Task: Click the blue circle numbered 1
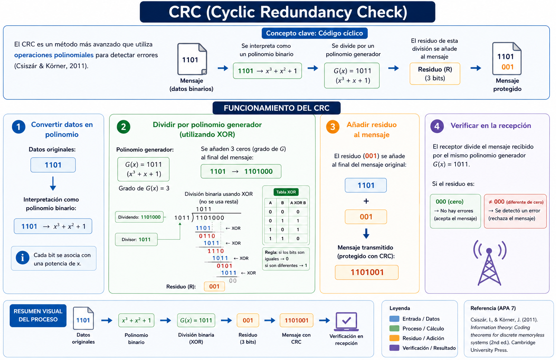[x=19, y=127]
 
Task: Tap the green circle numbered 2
[x=123, y=127]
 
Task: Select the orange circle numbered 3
[x=333, y=127]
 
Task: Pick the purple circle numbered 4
[x=437, y=126]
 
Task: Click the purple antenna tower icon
[x=489, y=263]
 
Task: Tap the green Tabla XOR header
[x=286, y=192]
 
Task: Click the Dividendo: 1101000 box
[x=139, y=217]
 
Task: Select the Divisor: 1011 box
[x=136, y=239]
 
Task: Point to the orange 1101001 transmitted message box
[x=367, y=273]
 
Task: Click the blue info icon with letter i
[x=23, y=258]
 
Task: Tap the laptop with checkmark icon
[x=346, y=322]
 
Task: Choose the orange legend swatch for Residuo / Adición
[x=394, y=338]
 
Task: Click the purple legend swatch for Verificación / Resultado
[x=394, y=348]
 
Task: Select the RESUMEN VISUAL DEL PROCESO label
[x=38, y=315]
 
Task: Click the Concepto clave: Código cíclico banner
[x=314, y=33]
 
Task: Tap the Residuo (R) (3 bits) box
[x=435, y=74]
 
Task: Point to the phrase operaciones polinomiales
[x=54, y=55]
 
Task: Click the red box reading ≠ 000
[x=515, y=211]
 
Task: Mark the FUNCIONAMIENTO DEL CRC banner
[x=277, y=108]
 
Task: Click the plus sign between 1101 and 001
[x=366, y=201]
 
